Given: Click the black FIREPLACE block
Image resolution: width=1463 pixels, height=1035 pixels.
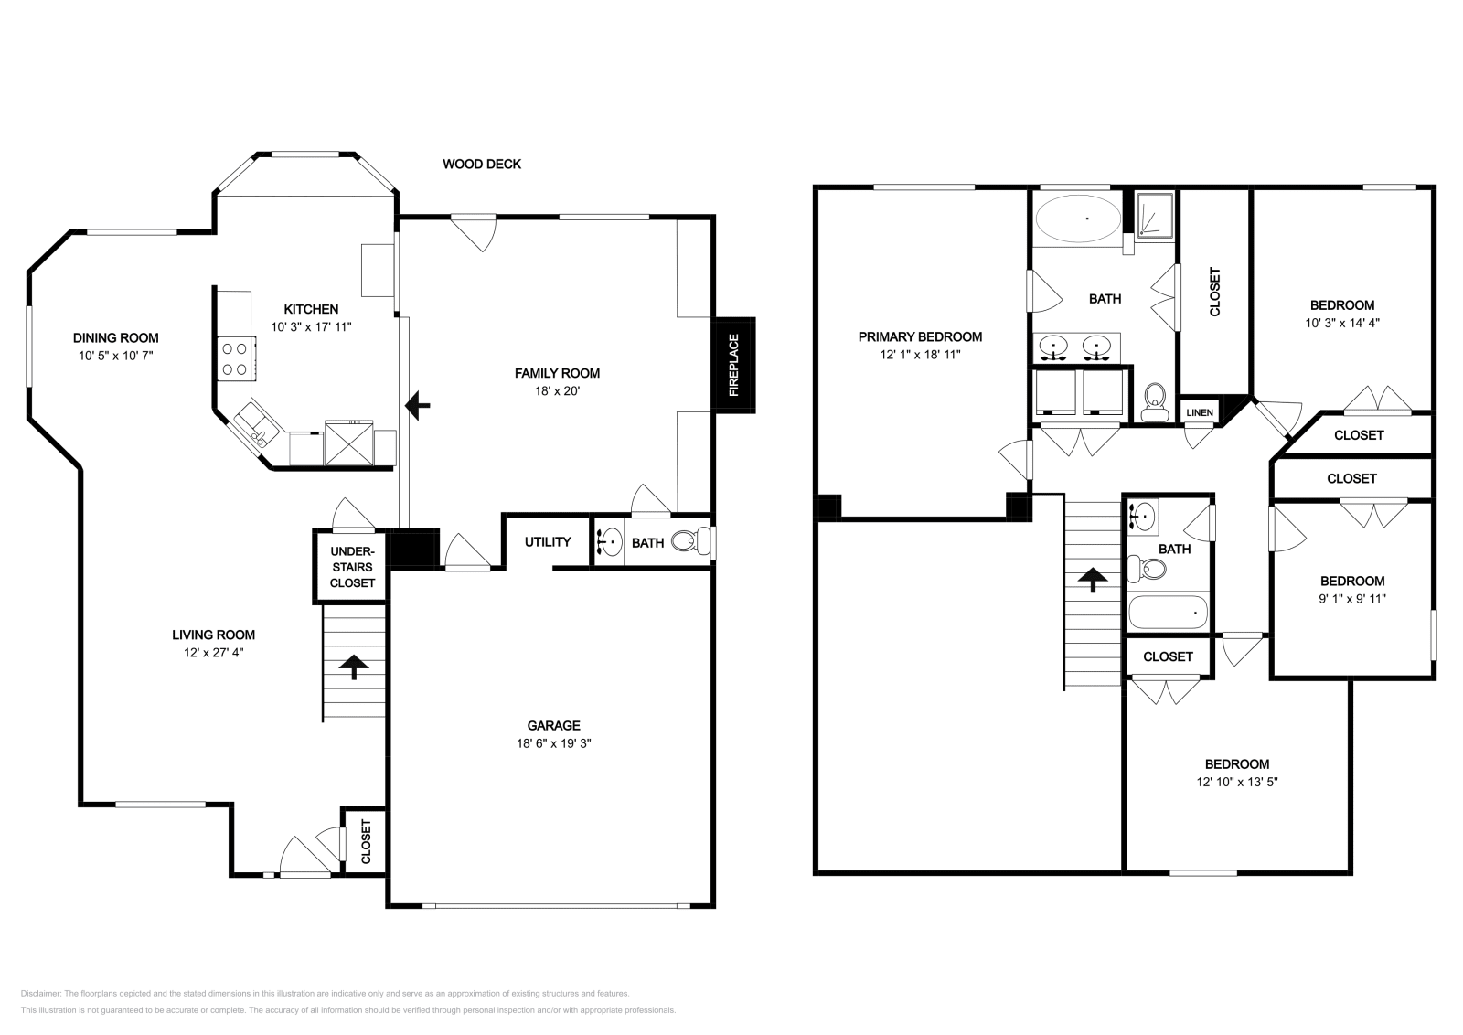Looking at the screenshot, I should pyautogui.click(x=733, y=365).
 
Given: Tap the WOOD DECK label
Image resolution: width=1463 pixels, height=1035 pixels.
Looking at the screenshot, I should pyautogui.click(x=482, y=165).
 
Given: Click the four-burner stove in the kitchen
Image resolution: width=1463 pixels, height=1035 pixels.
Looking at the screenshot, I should pyautogui.click(x=235, y=358).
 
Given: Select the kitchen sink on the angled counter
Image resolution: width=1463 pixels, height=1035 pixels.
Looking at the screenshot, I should pyautogui.click(x=251, y=427).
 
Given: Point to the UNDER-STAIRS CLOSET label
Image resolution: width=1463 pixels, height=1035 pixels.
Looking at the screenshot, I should pyautogui.click(x=352, y=567).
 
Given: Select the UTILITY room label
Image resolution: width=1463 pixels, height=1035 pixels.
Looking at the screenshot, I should pyautogui.click(x=548, y=541).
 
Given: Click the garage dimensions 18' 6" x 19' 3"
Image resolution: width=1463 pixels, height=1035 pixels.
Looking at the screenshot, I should pyautogui.click(x=553, y=743).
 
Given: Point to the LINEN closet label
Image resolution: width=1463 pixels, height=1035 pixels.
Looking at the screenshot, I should pyautogui.click(x=1199, y=412).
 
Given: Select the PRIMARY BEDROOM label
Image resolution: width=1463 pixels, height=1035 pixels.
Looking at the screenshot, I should pyautogui.click(x=920, y=336).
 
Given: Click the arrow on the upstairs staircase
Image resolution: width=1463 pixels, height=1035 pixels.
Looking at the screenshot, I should pyautogui.click(x=1092, y=581).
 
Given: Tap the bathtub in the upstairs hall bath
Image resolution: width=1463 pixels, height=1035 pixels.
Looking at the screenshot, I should pyautogui.click(x=1168, y=612).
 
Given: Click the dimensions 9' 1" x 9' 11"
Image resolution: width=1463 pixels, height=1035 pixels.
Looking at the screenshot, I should pyautogui.click(x=1351, y=599).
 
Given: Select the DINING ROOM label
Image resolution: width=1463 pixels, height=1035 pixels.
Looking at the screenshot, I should pyautogui.click(x=116, y=337).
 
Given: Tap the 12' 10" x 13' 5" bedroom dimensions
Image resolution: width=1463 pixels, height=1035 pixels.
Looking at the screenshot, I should pyautogui.click(x=1236, y=782).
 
